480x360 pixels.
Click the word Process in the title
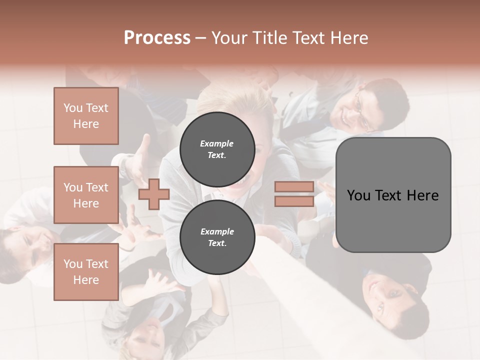tap(157, 38)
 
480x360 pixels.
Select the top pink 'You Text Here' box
tap(86, 116)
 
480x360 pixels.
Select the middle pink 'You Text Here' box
tap(86, 195)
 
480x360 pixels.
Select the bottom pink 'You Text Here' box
tap(86, 271)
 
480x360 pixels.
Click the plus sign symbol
tap(153, 194)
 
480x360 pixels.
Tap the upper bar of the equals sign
tap(294, 187)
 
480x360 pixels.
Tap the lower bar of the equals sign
tap(294, 201)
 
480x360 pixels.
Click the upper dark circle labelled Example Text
tap(217, 149)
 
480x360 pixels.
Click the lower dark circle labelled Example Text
tap(217, 237)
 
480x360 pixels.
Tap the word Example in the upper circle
tap(217, 143)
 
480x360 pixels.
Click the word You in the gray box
tap(358, 195)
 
